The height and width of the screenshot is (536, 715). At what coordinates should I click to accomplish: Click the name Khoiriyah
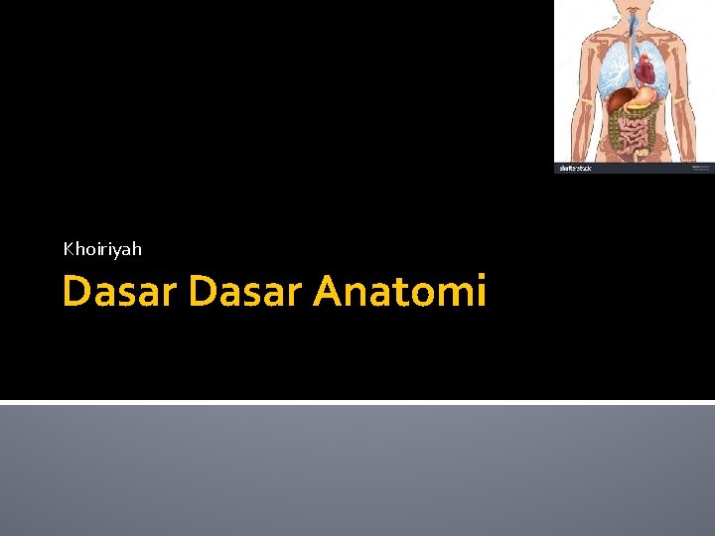point(102,249)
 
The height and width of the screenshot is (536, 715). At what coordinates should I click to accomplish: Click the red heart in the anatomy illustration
point(646,69)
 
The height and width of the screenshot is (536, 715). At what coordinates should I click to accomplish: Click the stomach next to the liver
point(645,96)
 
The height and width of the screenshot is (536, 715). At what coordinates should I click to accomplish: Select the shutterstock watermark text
point(575,168)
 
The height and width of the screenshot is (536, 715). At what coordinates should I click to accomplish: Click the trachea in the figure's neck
point(633,30)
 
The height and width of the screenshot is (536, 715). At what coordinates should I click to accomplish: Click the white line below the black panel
point(357,402)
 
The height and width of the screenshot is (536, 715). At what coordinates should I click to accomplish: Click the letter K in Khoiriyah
point(69,249)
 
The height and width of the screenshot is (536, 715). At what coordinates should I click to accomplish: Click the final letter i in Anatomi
point(481,292)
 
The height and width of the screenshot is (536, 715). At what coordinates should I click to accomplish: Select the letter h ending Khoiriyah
point(136,249)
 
